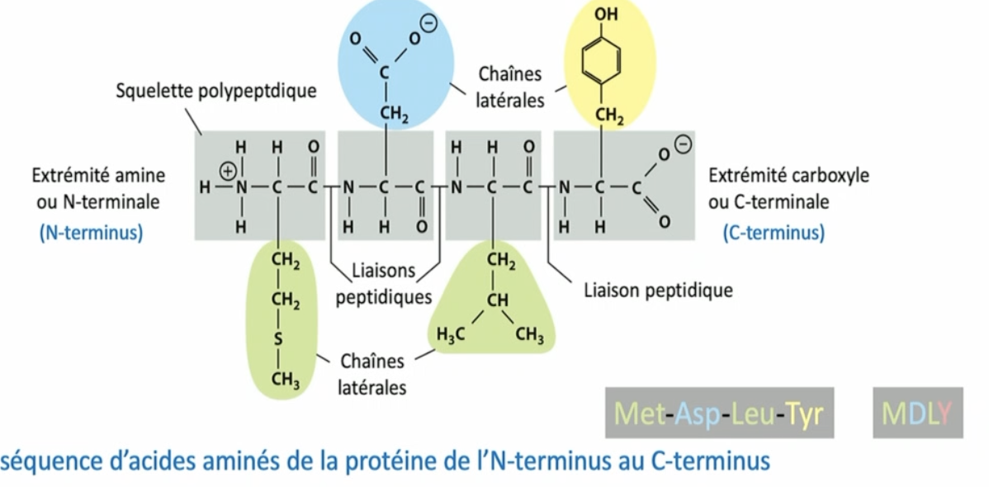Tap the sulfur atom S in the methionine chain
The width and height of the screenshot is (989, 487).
(279, 339)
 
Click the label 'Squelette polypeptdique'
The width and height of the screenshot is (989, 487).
(215, 91)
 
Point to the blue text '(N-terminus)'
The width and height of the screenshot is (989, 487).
(91, 233)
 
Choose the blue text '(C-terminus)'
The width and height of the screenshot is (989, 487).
(774, 233)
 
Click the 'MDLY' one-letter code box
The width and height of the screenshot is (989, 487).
(917, 414)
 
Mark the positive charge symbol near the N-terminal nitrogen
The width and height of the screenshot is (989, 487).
(227, 173)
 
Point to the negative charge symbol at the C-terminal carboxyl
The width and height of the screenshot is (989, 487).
(683, 146)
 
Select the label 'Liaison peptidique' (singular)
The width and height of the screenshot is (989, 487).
(658, 291)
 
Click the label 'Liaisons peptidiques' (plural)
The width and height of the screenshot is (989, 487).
(384, 283)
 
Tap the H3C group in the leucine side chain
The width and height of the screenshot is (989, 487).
(451, 335)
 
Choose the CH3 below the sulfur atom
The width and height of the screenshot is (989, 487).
(285, 380)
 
